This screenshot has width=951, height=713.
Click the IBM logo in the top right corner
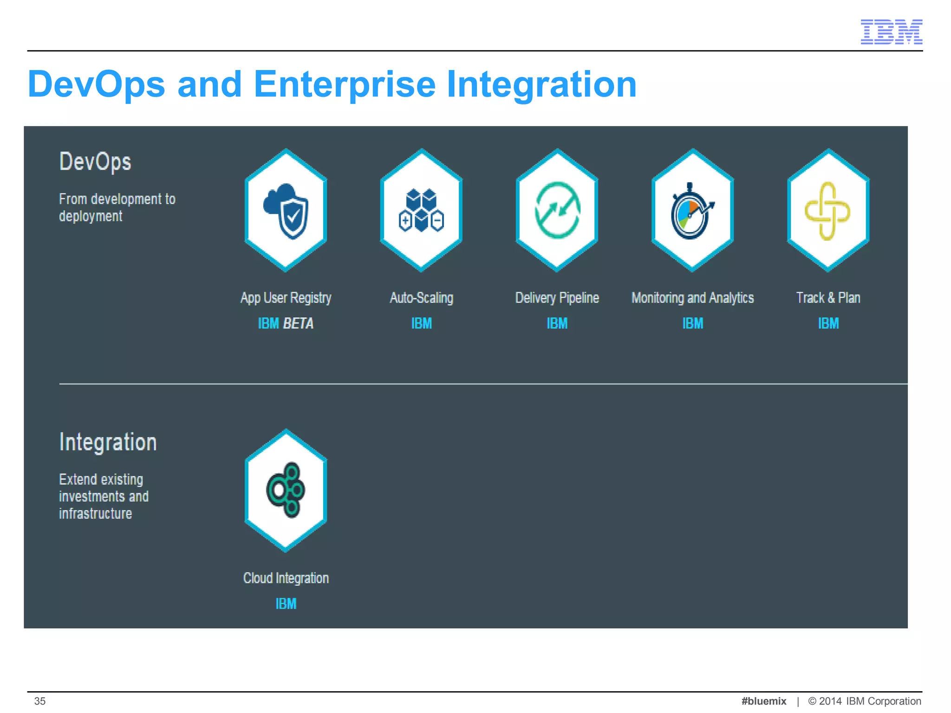pos(891,32)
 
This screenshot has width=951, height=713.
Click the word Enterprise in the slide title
pos(344,85)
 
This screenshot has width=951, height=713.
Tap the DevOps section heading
pos(95,162)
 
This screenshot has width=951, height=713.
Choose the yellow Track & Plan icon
pos(827,211)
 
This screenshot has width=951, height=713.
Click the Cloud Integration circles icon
pos(286,490)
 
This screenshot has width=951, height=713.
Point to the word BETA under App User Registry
pos(298,323)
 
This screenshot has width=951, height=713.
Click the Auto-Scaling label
pos(421,298)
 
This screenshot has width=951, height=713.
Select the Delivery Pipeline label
pos(557,298)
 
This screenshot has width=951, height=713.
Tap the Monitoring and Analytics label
pos(692,298)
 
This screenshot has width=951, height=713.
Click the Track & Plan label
pos(828,298)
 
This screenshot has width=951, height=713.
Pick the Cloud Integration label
pos(286,578)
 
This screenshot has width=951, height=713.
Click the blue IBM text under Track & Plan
pos(828,323)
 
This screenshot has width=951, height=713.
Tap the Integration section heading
pos(108,442)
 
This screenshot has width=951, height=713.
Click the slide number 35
pos(40,701)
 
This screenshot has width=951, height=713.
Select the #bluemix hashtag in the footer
pos(763,701)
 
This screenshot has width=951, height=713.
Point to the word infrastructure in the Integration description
pos(95,513)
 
